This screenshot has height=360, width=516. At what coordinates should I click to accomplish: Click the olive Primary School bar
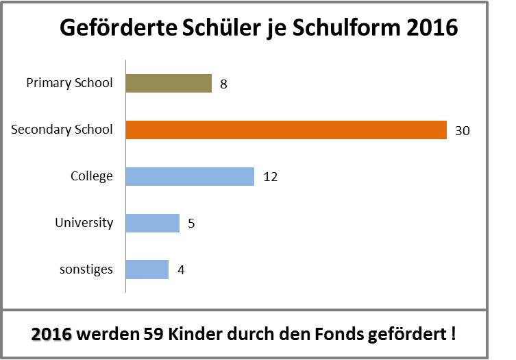coord(169,84)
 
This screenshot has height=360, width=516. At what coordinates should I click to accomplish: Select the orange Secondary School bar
coord(286,130)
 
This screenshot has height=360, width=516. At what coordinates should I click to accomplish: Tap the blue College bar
coord(190,176)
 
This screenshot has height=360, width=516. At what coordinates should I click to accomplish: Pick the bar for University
coord(153,223)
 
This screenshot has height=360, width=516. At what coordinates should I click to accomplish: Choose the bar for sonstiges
coord(147,269)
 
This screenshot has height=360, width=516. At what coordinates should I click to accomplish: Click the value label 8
coord(223,84)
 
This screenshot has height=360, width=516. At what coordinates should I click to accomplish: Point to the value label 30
coord(462,130)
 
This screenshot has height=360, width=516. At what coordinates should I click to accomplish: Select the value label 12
coord(270,177)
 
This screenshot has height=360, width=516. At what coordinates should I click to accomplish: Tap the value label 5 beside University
coord(191,224)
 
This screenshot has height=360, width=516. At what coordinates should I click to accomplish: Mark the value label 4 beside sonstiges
coord(180,270)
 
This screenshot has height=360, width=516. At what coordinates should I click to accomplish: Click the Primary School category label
coord(69,84)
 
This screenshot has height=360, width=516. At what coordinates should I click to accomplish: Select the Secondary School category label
coord(62,130)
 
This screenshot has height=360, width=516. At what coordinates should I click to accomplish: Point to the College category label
coord(91,176)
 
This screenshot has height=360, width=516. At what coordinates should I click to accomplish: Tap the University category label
coord(84,223)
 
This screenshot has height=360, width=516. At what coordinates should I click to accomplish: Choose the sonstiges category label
coord(86,269)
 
